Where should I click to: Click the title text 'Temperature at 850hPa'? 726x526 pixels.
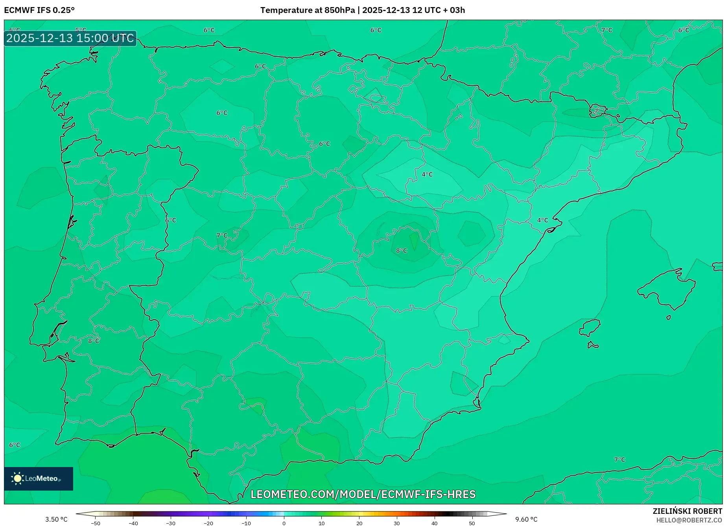tap(307, 10)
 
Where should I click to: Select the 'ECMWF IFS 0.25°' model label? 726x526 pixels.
tap(39, 10)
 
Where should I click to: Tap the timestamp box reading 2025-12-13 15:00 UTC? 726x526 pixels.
tap(70, 39)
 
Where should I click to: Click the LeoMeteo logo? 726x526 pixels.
tap(39, 478)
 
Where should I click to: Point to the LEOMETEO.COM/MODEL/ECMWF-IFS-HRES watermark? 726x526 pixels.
tap(363, 494)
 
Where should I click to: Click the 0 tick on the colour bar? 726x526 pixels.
tap(284, 523)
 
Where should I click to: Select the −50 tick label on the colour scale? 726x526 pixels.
tap(95, 523)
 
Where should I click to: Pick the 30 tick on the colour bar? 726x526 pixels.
tap(397, 523)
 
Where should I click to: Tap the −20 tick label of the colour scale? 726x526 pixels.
tap(208, 523)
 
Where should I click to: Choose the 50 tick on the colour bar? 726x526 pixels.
tap(472, 523)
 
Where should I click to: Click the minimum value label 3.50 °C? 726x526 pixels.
tap(56, 519)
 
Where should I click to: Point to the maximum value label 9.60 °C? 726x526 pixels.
tap(526, 519)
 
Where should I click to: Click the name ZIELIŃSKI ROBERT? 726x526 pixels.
tap(687, 511)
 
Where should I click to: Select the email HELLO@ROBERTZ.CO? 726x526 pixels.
tap(689, 520)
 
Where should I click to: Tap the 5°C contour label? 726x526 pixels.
tap(81, 30)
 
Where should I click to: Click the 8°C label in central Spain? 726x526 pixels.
tap(402, 250)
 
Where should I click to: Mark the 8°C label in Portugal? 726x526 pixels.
tap(94, 341)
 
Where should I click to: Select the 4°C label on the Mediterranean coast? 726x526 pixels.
tap(542, 220)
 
